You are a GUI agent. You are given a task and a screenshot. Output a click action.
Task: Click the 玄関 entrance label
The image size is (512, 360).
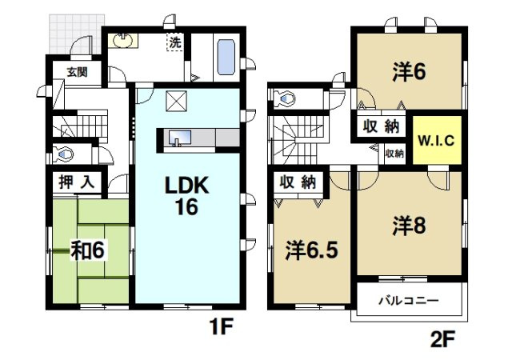(77, 71)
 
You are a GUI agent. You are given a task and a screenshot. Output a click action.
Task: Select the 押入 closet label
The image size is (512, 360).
(76, 182)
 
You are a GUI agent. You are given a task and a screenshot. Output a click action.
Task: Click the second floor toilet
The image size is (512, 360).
(285, 98)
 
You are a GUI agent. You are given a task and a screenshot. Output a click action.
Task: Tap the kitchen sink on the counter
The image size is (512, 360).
(178, 138)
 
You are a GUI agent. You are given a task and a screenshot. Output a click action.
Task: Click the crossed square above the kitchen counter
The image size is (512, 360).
(175, 102)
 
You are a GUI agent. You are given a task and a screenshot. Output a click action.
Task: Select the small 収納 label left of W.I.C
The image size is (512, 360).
(394, 153)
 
